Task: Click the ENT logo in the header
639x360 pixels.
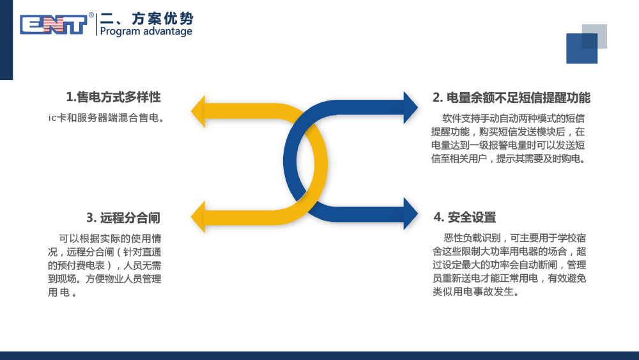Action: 54,24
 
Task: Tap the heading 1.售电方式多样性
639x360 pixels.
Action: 113,97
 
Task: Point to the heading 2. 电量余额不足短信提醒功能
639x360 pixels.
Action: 511,98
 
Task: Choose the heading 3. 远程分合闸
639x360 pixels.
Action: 123,217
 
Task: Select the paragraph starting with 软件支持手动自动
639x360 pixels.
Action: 509,138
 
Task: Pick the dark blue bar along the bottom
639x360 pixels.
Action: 319,356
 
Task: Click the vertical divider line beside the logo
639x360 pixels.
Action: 96,24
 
